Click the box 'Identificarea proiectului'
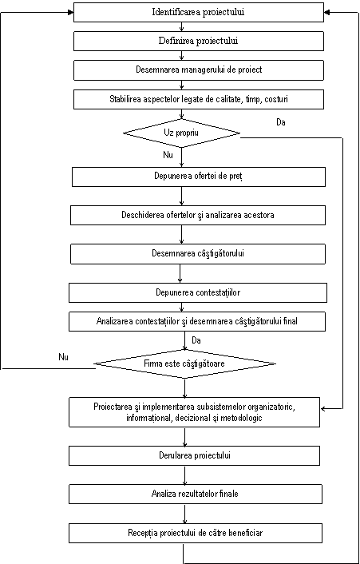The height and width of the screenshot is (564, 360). pyautogui.click(x=198, y=12)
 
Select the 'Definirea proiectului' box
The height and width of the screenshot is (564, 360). pyautogui.click(x=198, y=41)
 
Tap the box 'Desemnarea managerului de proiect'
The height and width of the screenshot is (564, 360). pyautogui.click(x=198, y=70)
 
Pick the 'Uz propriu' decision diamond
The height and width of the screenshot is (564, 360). pyautogui.click(x=182, y=133)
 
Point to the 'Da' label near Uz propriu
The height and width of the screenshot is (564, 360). pyautogui.click(x=281, y=122)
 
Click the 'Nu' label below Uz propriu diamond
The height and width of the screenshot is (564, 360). pyautogui.click(x=168, y=156)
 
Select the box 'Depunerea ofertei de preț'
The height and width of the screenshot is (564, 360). pyautogui.click(x=199, y=177)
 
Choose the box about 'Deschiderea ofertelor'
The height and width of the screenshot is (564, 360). pyautogui.click(x=198, y=215)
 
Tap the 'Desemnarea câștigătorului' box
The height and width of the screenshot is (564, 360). pyautogui.click(x=198, y=253)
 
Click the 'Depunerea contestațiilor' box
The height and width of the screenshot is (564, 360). pyautogui.click(x=198, y=292)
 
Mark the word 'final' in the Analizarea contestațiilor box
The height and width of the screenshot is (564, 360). pyautogui.click(x=291, y=321)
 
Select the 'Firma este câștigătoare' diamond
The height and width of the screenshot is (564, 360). pyautogui.click(x=184, y=363)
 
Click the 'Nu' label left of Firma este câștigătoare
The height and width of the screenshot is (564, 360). pyautogui.click(x=63, y=357)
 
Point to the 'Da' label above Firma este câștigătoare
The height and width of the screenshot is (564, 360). pyautogui.click(x=196, y=340)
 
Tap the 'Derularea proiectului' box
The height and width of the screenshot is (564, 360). pyautogui.click(x=195, y=455)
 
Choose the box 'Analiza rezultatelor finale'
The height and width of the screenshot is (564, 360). pyautogui.click(x=196, y=494)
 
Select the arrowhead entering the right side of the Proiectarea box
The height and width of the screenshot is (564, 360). pyautogui.click(x=324, y=408)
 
